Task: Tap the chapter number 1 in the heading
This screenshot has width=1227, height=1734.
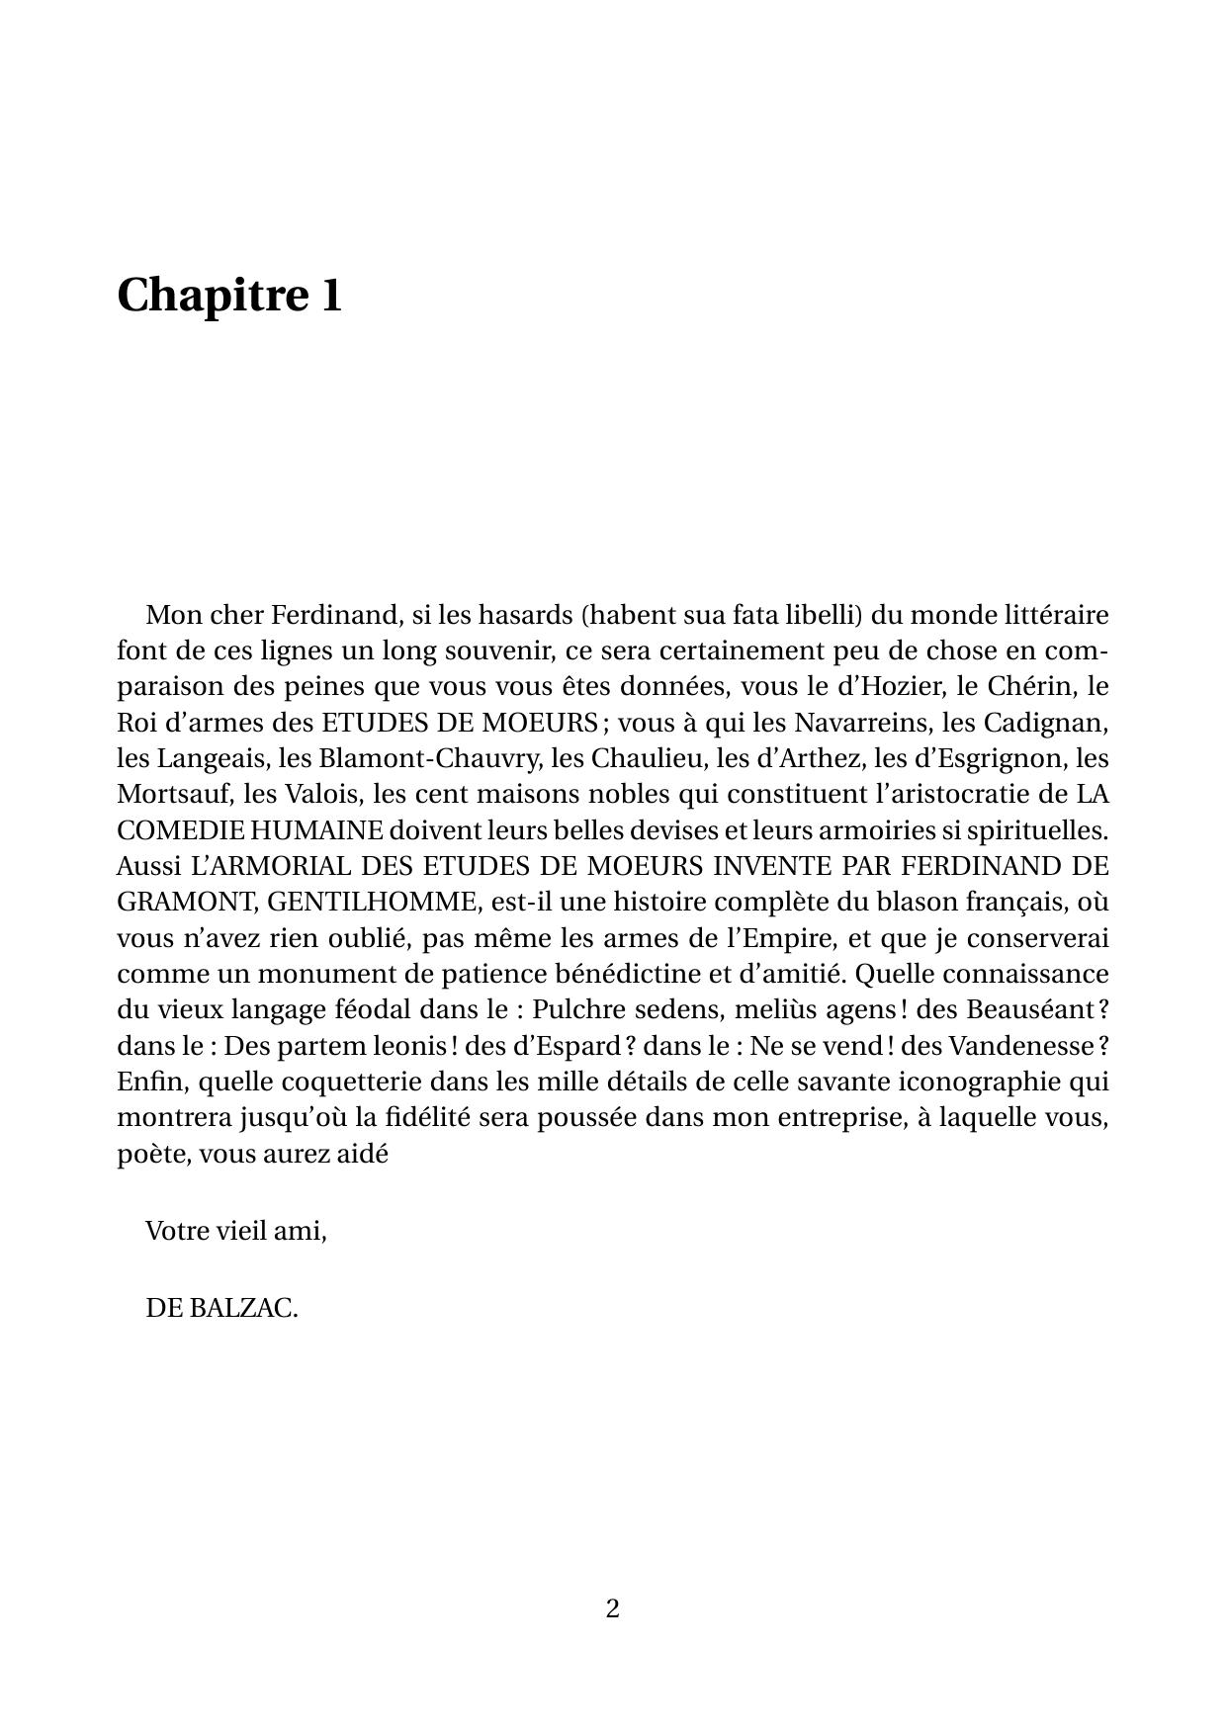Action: coord(331,295)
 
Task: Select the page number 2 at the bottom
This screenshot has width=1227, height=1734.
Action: coord(613,1608)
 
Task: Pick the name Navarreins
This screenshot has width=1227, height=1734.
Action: coord(861,723)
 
